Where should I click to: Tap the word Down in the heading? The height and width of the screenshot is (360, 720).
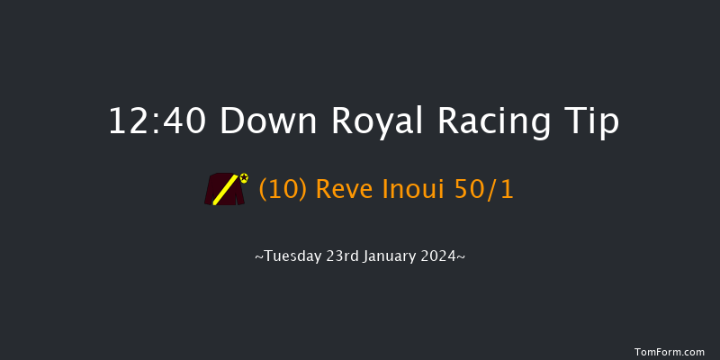[x=267, y=121]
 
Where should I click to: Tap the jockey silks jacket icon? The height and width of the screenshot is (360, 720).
[x=224, y=189]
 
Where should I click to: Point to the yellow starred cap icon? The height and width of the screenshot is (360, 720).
[x=244, y=177]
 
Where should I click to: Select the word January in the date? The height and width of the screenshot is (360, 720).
[x=393, y=256]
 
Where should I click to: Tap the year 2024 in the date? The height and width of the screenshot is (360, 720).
[x=443, y=256]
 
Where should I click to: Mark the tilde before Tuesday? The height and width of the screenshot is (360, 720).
[x=259, y=257]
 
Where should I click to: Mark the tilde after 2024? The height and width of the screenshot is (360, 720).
[x=462, y=257]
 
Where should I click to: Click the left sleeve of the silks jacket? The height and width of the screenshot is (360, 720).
[x=211, y=192]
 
